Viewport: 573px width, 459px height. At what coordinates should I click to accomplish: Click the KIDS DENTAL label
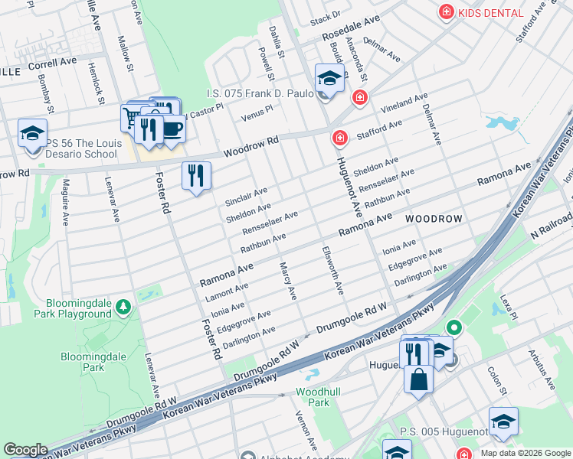[x=490, y=13]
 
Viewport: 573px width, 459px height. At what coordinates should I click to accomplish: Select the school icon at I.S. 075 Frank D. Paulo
[x=329, y=79]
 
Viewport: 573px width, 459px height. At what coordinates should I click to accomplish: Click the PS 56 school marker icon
[x=33, y=135]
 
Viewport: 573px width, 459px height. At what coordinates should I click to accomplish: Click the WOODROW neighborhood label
[x=434, y=219]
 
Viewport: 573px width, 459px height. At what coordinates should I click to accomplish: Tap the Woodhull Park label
[x=313, y=397]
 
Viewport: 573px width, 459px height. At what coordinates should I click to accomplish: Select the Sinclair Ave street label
[x=247, y=196]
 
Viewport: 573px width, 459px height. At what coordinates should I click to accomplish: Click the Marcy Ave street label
[x=287, y=280]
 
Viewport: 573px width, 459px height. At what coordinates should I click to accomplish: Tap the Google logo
[x=25, y=450]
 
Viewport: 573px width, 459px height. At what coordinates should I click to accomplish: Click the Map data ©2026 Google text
[x=525, y=453]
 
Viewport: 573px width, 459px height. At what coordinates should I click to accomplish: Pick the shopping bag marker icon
[x=419, y=379]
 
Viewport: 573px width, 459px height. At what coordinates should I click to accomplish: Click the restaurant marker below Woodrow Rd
[x=197, y=176]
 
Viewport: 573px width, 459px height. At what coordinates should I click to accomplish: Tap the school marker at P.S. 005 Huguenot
[x=503, y=422]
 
